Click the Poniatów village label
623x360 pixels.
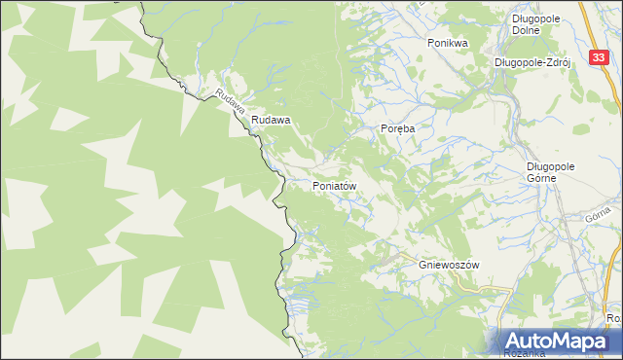338,185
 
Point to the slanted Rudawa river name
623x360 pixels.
230,102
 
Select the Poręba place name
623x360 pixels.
397,129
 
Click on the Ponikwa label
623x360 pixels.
448,43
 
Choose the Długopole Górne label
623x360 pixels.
552,171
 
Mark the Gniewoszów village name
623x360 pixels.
450,264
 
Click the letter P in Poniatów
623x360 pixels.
315,185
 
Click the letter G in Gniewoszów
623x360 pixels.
422,264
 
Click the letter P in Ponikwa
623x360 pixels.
430,43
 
